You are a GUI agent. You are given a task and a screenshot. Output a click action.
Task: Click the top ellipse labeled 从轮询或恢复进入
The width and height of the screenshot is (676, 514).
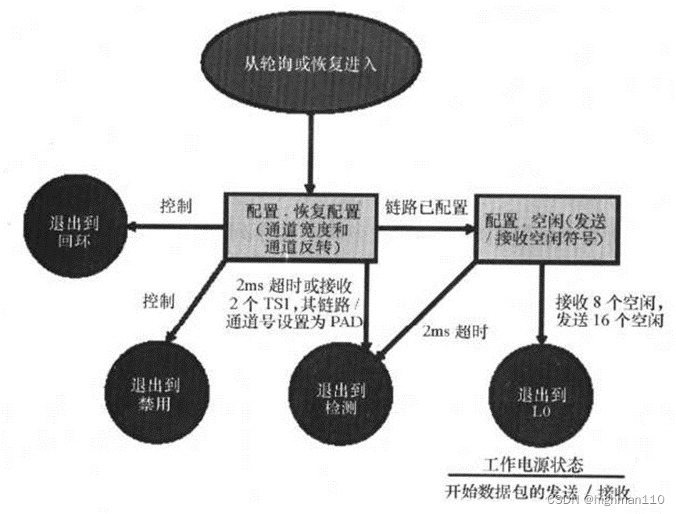tap(309, 63)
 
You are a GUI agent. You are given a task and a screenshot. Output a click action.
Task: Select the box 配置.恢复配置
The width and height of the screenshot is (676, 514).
tap(301, 226)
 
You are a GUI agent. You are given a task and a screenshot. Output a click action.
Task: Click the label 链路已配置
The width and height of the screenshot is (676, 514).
tap(427, 207)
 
